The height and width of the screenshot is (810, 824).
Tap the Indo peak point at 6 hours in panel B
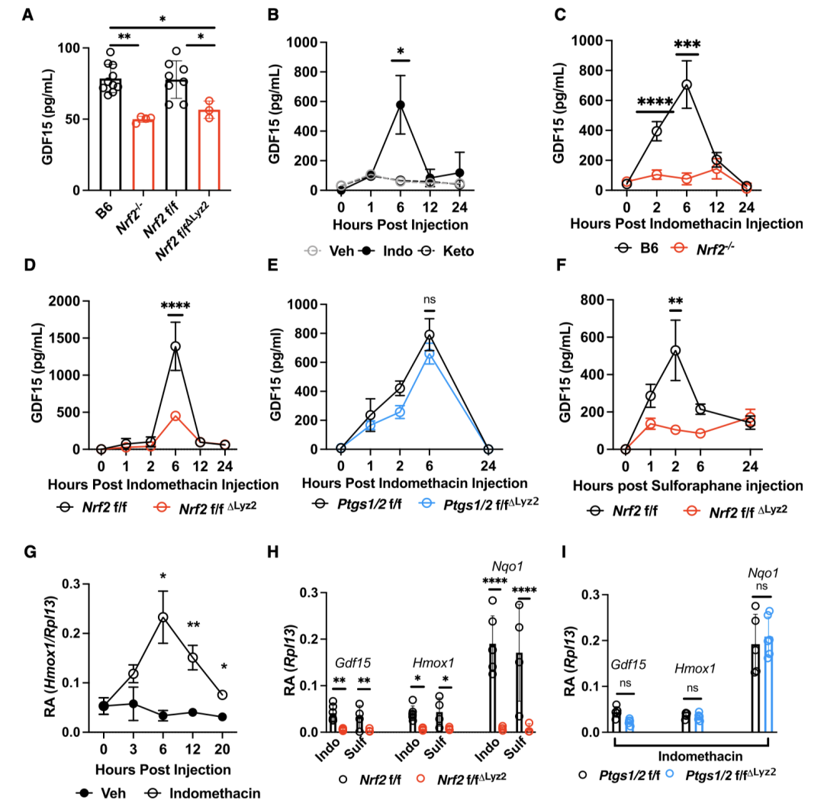[400, 104]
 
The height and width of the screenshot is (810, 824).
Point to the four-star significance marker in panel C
[655, 101]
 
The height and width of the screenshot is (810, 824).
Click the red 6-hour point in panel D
[175, 416]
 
